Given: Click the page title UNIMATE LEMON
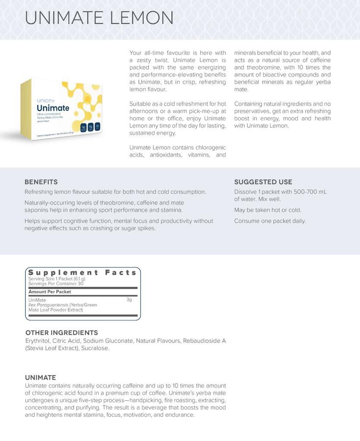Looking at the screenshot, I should [99, 18].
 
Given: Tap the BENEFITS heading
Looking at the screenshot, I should [41, 182].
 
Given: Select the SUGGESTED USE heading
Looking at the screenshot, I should [263, 182].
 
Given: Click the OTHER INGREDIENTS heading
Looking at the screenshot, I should [62, 332].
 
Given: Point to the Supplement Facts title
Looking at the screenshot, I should [82, 273].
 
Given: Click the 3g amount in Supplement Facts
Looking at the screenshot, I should [129, 300].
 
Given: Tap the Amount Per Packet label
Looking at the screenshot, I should [50, 292].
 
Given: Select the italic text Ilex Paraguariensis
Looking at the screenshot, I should [48, 305].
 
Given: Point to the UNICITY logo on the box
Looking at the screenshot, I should [45, 101].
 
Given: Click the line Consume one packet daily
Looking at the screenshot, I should [270, 221].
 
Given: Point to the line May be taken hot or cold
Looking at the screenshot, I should [268, 210].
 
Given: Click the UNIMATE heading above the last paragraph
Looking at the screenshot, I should [41, 377].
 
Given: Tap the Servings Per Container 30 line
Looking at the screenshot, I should [56, 284].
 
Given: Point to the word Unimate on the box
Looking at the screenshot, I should [53, 108].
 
